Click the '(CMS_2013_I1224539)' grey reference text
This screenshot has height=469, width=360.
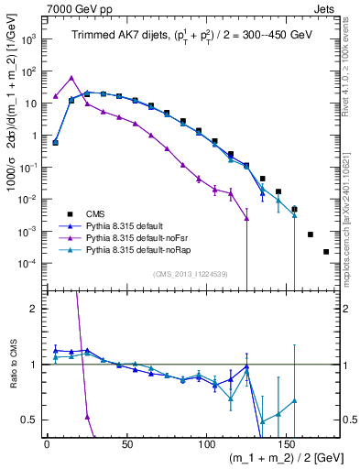coord(190,272)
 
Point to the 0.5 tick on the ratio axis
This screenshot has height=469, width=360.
coord(30,420)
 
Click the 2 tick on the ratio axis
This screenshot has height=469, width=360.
coord(35,309)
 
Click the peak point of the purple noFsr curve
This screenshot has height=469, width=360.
coord(71,78)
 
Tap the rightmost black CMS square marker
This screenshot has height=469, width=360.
coord(326,251)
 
